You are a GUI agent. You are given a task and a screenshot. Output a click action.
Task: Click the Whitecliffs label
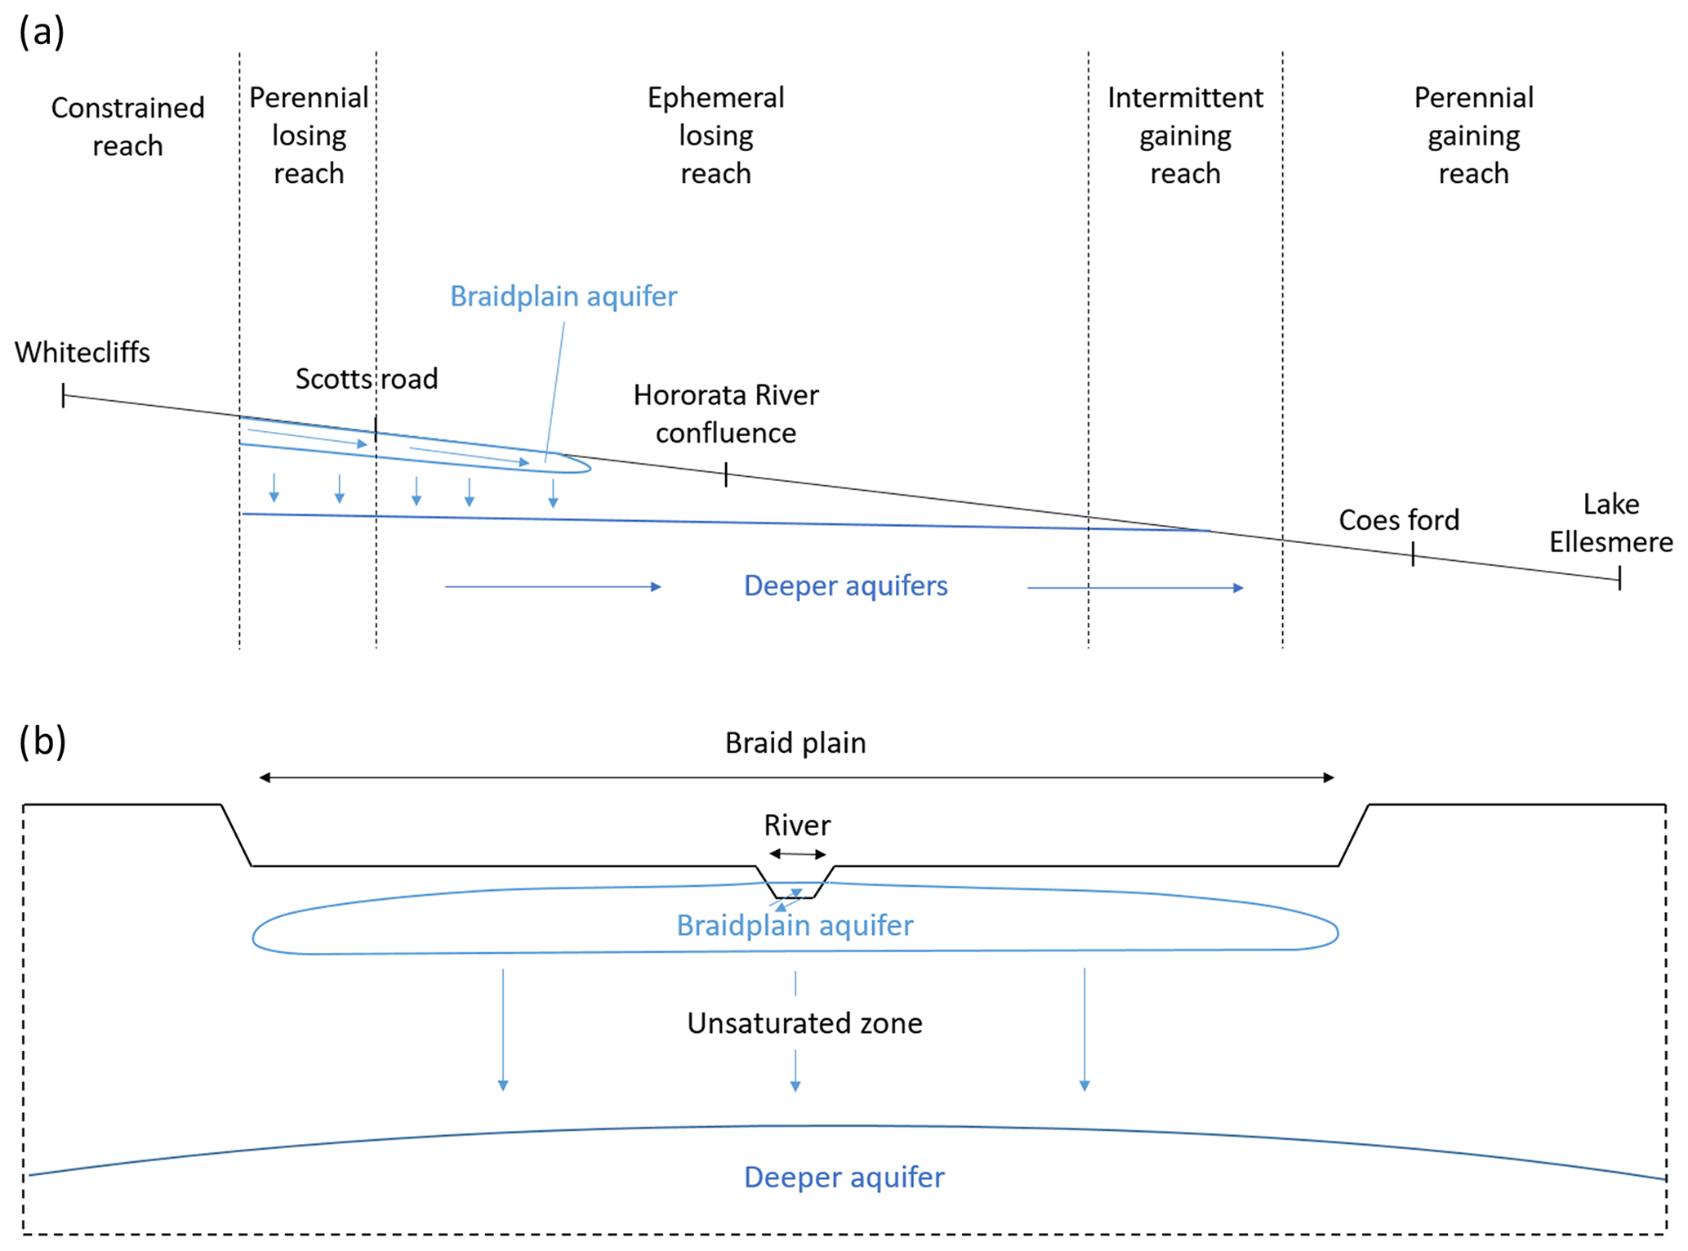click(82, 353)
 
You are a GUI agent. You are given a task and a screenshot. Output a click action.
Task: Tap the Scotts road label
click(367, 379)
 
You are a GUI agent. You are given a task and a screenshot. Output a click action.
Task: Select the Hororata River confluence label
click(726, 414)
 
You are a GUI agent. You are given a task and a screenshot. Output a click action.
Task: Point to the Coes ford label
click(1399, 520)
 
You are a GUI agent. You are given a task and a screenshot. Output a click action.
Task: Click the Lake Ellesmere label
click(1610, 523)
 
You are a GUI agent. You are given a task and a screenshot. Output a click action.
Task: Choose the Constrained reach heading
click(128, 127)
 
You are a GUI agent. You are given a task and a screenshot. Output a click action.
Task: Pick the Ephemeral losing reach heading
click(716, 136)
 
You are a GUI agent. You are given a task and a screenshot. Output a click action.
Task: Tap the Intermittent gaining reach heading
click(1185, 136)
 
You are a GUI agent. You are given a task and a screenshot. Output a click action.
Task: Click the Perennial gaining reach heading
click(1473, 136)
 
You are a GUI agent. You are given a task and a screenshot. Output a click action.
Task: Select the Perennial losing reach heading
click(309, 136)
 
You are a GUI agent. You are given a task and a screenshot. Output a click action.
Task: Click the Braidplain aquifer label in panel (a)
click(563, 296)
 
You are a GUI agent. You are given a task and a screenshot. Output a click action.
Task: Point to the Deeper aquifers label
click(845, 586)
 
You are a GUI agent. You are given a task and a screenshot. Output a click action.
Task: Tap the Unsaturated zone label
click(804, 1023)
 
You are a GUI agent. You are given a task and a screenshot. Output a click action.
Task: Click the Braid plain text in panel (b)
click(795, 743)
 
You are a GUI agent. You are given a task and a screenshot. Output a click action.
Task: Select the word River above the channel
click(797, 826)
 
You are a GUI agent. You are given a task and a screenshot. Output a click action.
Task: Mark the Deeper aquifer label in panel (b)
click(844, 1178)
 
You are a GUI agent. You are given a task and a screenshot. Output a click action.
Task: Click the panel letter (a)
click(42, 32)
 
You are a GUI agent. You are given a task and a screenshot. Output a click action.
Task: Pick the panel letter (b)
click(42, 741)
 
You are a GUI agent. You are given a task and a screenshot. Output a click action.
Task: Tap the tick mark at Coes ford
click(1413, 556)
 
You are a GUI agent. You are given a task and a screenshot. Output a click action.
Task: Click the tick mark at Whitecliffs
click(64, 396)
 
